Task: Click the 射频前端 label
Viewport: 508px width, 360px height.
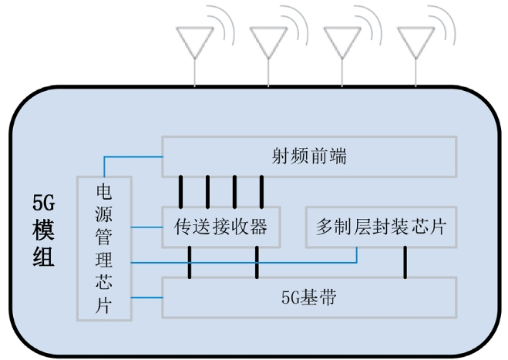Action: (308, 156)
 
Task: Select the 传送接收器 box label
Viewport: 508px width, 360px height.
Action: (220, 227)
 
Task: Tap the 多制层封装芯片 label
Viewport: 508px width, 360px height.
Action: (380, 227)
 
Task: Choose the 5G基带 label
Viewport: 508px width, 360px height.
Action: (308, 297)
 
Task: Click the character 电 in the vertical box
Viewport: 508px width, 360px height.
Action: (104, 190)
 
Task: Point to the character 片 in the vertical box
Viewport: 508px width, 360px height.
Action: (104, 305)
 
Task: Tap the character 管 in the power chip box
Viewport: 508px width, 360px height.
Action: (104, 237)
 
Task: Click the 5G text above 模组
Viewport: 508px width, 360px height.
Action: (43, 203)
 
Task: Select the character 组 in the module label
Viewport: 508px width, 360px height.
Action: (43, 257)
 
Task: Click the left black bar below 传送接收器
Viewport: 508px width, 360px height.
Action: (189, 263)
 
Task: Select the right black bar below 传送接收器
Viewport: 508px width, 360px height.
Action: (257, 263)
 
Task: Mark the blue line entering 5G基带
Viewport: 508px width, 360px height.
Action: (146, 297)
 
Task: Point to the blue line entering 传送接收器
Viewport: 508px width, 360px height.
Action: (146, 227)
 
